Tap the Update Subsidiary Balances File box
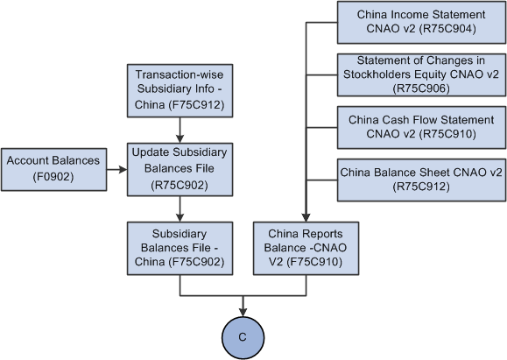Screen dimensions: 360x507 pos(180,169)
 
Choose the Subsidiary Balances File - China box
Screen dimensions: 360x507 pos(180,247)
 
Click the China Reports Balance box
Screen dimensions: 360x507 pos(306,247)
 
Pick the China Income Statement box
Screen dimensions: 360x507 pos(421,22)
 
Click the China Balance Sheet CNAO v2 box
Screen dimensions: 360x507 pos(421,179)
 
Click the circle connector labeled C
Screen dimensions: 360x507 pos(242,336)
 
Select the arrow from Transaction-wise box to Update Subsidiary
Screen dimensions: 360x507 pos(180,127)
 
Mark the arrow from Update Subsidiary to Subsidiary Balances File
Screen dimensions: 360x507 pos(180,208)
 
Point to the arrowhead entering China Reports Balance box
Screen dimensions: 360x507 pos(306,215)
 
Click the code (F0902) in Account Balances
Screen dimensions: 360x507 pos(52,176)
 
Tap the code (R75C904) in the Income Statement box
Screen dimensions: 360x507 pos(447,29)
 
